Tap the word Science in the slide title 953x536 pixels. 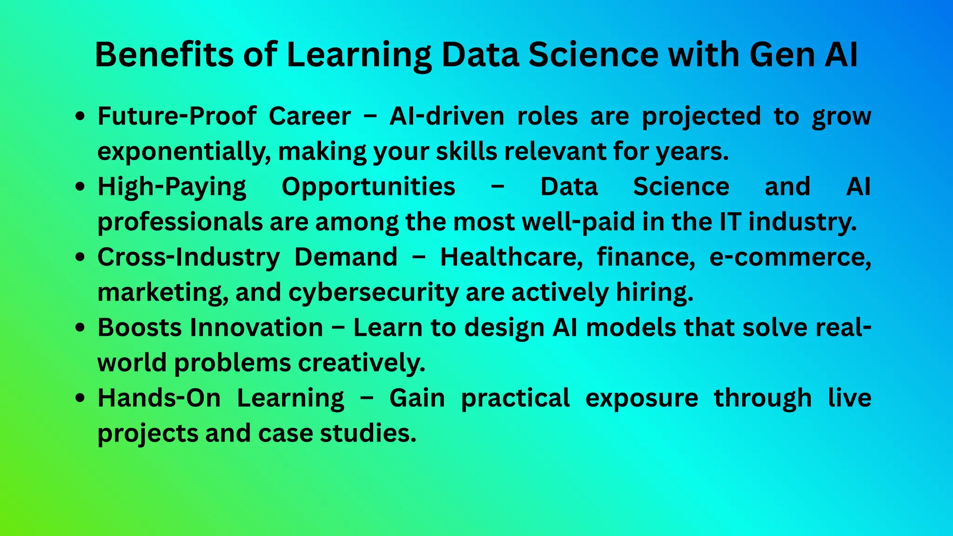(593, 54)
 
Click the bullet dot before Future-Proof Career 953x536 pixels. (80, 116)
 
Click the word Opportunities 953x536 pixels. (368, 187)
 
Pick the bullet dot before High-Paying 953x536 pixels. (80, 187)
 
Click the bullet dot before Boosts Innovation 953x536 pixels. (80, 328)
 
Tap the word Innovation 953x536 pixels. (256, 328)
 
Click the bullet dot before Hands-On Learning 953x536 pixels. (80, 398)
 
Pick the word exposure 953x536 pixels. (642, 398)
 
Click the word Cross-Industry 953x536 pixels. (188, 257)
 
